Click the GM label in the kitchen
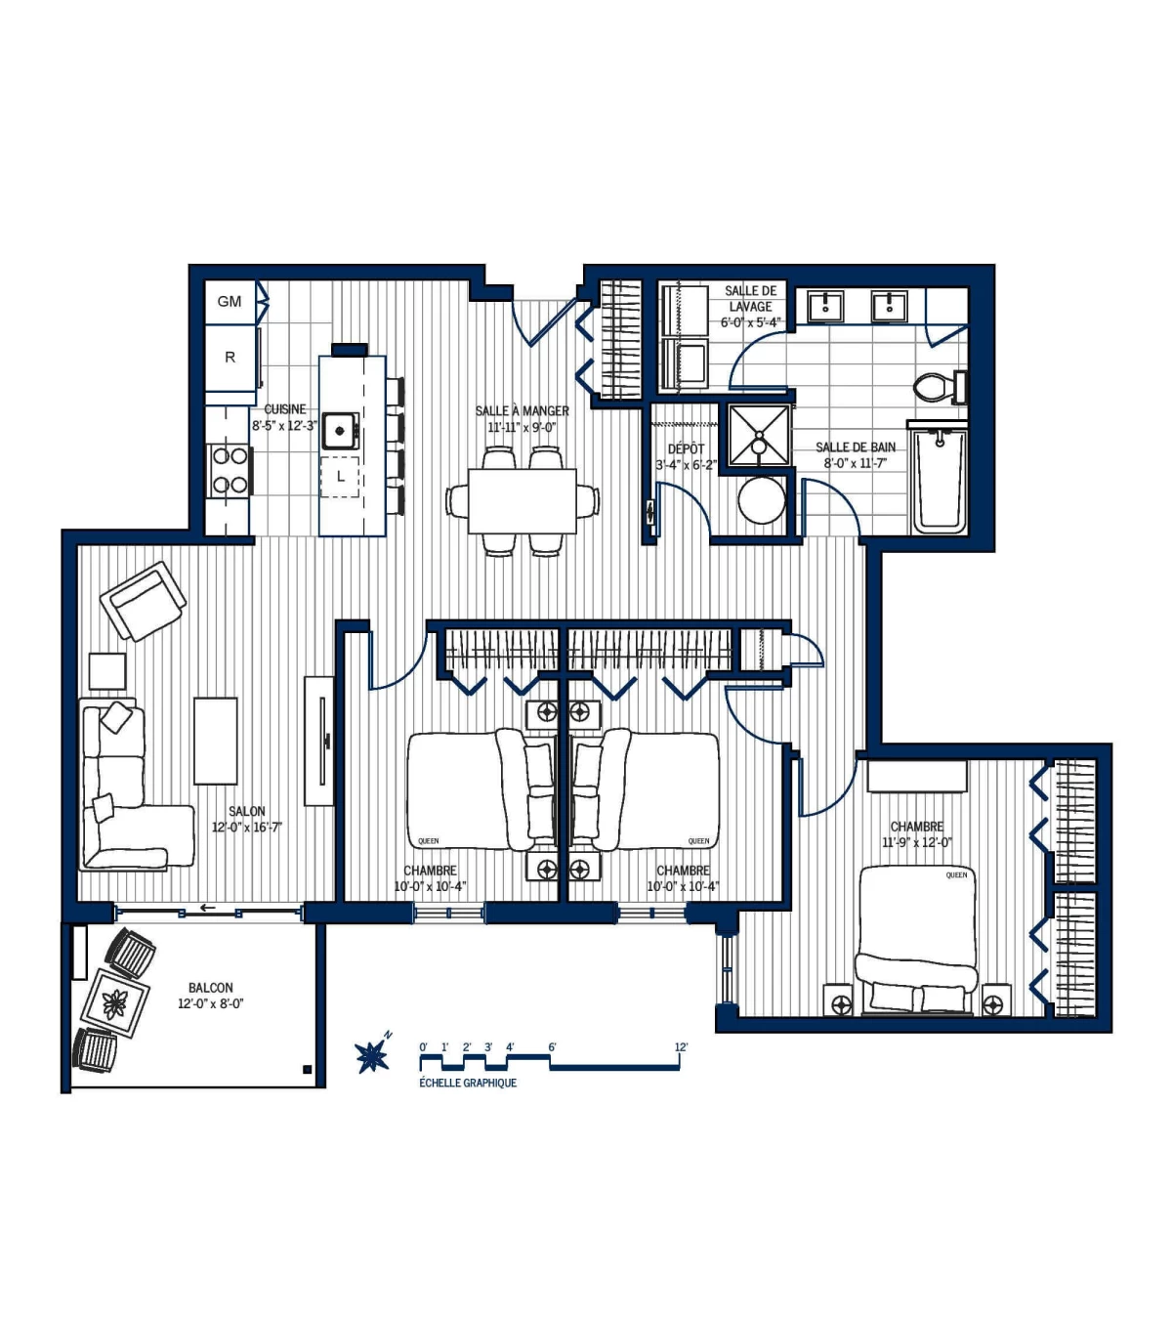[x=230, y=302]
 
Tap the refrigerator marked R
[x=230, y=358]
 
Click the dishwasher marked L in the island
[x=340, y=477]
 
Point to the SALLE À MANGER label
[x=522, y=411]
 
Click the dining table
[x=522, y=500]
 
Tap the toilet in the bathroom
[x=935, y=387]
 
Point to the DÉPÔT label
[x=686, y=449]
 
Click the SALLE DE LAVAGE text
[x=750, y=298]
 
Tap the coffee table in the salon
[x=215, y=740]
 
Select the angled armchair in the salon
[x=144, y=601]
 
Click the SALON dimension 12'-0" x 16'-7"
[x=247, y=828]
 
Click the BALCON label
[x=211, y=988]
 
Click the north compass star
[x=372, y=1054]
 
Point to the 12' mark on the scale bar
[x=681, y=1047]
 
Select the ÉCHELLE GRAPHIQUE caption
[x=468, y=1083]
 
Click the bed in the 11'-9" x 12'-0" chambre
[x=917, y=938]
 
